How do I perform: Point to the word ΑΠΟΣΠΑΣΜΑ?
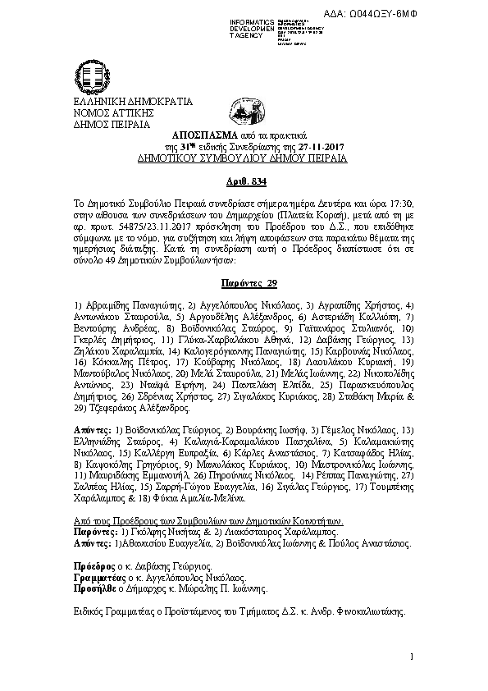pyautogui.click(x=202, y=134)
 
